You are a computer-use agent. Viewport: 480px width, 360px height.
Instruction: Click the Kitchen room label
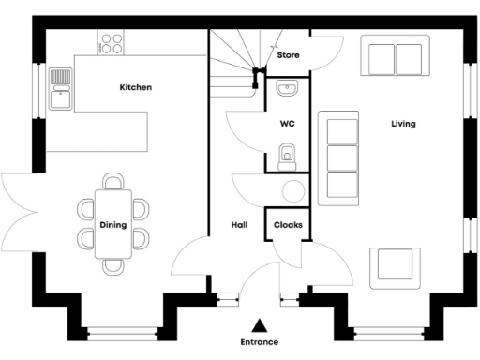tap(135, 87)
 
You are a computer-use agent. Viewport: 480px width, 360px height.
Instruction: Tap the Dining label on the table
tap(113, 225)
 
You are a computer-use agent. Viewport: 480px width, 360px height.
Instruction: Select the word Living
tap(404, 124)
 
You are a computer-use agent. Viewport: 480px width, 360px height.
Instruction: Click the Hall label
tap(239, 225)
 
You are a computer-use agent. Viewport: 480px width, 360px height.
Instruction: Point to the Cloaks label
tap(287, 225)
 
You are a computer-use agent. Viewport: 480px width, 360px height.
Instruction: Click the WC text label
tap(287, 124)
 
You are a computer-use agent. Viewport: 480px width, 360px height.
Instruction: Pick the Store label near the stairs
tap(288, 56)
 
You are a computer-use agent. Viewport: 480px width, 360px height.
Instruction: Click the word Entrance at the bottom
tap(260, 343)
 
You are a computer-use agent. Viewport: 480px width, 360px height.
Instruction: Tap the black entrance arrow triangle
tap(260, 325)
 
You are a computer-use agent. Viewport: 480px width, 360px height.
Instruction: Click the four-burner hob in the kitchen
tap(112, 42)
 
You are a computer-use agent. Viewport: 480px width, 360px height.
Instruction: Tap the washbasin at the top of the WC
tap(288, 89)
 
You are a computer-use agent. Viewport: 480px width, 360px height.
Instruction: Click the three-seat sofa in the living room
tap(339, 157)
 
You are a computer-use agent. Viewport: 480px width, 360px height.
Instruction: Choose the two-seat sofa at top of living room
tap(395, 56)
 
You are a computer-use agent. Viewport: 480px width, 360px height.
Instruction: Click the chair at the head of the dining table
tap(113, 181)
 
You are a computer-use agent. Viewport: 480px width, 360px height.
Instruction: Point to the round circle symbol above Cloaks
tap(292, 191)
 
